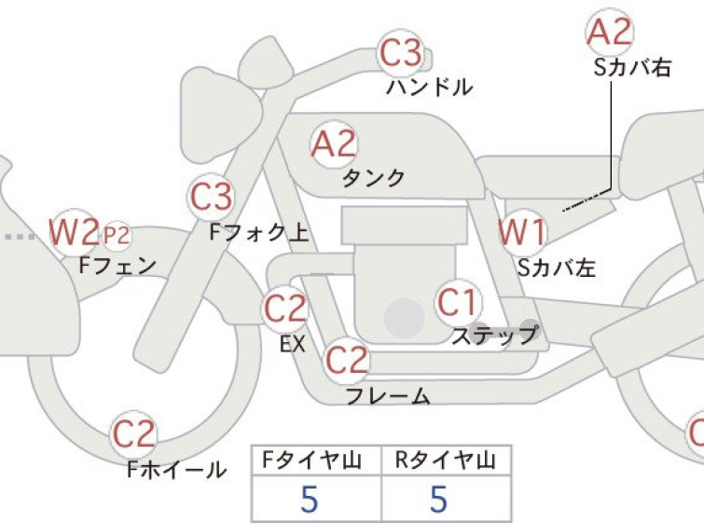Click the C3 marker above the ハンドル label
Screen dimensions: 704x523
click(401, 53)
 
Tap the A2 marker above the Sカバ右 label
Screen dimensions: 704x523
click(610, 32)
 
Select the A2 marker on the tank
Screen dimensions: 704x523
click(334, 145)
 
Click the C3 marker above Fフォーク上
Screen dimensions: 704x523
click(211, 197)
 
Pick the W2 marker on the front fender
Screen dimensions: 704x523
click(73, 232)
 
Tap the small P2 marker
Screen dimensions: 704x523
click(117, 235)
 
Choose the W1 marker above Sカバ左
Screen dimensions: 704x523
click(522, 232)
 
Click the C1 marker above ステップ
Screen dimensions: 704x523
click(458, 303)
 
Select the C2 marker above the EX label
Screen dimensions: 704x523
click(285, 309)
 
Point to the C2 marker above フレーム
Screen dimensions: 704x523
click(347, 361)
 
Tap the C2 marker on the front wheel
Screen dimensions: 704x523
click(133, 434)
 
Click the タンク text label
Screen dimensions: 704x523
click(374, 178)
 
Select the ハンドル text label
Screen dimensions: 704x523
click(429, 87)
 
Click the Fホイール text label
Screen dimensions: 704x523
click(176, 470)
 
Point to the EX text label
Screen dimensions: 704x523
click(293, 344)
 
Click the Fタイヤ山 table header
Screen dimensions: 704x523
click(311, 461)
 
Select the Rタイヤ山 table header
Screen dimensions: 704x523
click(446, 461)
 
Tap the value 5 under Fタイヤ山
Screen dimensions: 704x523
click(310, 499)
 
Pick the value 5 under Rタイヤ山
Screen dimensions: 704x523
click(439, 499)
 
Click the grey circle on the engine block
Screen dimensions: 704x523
click(405, 318)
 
